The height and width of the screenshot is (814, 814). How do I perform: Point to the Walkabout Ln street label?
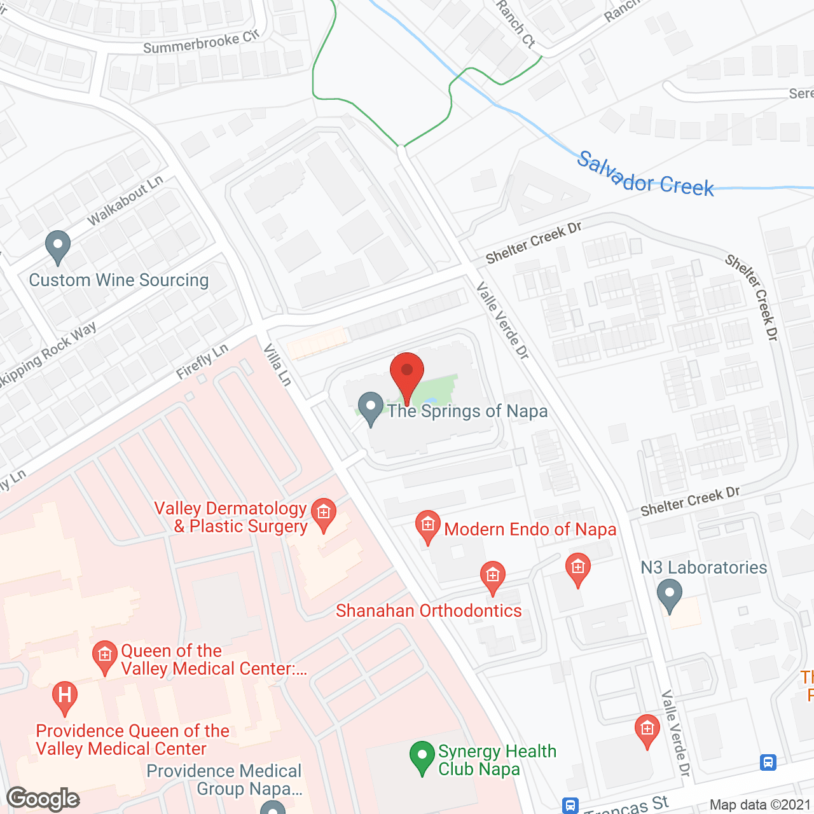(x=125, y=200)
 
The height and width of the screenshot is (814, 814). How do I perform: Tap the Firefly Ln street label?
(x=202, y=362)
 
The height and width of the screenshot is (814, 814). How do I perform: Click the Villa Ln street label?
(x=278, y=364)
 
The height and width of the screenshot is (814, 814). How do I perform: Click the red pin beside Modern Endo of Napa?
(x=428, y=527)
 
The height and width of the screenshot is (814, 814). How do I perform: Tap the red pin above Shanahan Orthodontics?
(x=492, y=577)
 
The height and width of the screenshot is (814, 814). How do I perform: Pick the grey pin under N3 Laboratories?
(x=669, y=596)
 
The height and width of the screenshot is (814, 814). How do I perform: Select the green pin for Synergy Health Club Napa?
(x=422, y=757)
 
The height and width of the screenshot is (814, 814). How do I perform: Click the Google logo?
(x=43, y=798)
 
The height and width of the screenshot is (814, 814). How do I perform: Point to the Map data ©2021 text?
(x=760, y=804)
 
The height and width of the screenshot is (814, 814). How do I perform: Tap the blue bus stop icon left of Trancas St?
(x=570, y=806)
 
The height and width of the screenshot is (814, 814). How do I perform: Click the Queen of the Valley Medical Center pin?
(x=105, y=656)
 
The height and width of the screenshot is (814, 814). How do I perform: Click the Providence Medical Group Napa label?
(x=224, y=780)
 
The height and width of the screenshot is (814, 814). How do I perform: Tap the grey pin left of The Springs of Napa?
(x=370, y=408)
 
